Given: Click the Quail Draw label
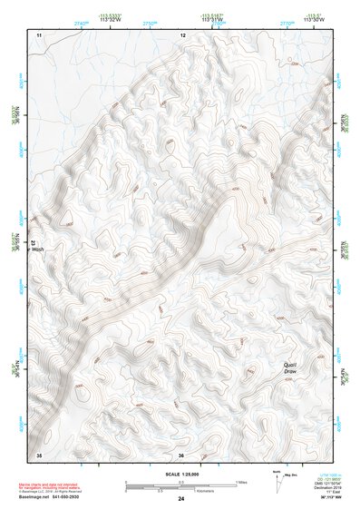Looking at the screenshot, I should tap(290, 368).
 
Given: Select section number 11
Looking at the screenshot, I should tap(39, 34).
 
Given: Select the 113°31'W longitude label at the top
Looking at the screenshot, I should tap(212, 20).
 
